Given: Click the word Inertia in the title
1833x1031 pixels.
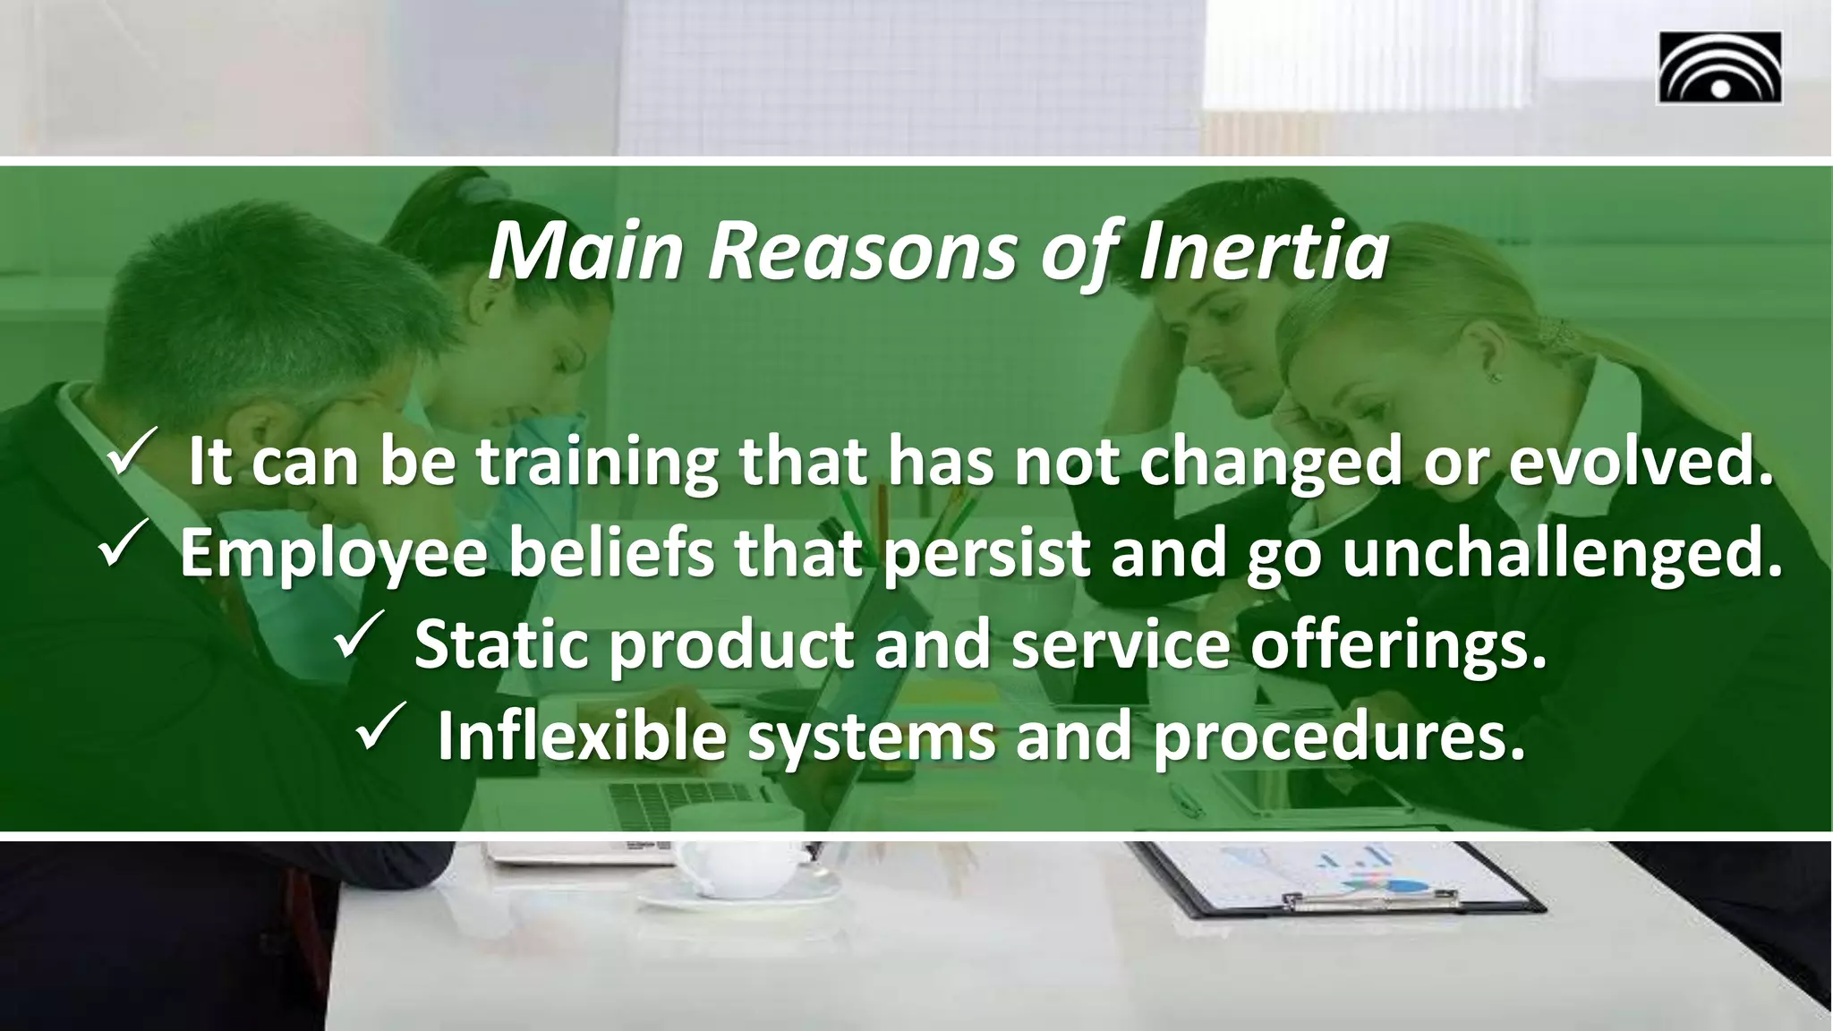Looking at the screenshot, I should pos(1263,253).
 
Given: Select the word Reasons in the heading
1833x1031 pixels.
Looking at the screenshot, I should pos(862,253).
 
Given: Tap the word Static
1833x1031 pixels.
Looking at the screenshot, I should pos(501,645).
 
